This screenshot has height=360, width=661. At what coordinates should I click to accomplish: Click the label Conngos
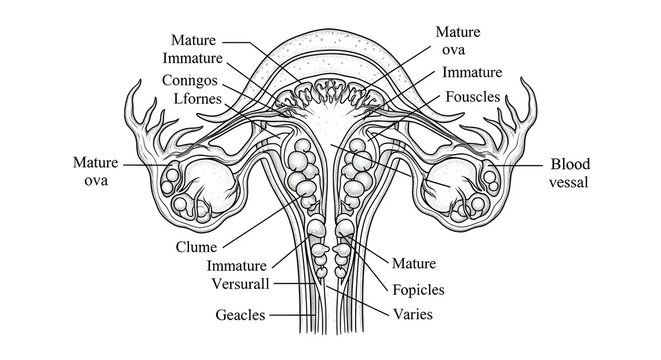tap(195, 79)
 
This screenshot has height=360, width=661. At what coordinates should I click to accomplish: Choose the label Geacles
tap(241, 315)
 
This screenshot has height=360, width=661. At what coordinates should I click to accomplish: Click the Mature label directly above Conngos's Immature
tap(195, 41)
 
